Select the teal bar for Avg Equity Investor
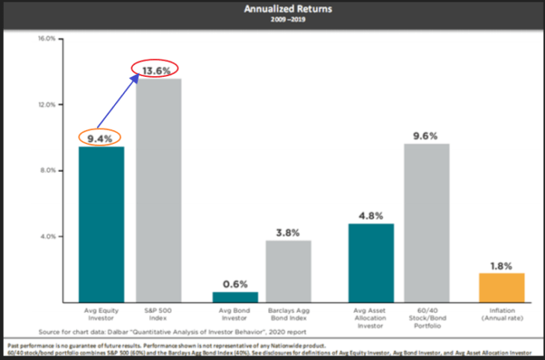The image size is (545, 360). (102, 224)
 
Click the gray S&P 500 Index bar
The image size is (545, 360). (158, 190)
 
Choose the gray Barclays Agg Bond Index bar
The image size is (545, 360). (289, 270)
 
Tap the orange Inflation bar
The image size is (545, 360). (501, 287)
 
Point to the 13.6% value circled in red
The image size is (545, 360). (158, 69)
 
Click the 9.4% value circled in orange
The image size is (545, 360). (102, 137)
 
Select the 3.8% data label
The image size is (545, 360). (289, 232)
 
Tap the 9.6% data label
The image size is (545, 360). (426, 135)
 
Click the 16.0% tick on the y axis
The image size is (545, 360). (46, 39)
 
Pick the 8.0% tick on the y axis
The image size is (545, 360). (47, 170)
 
